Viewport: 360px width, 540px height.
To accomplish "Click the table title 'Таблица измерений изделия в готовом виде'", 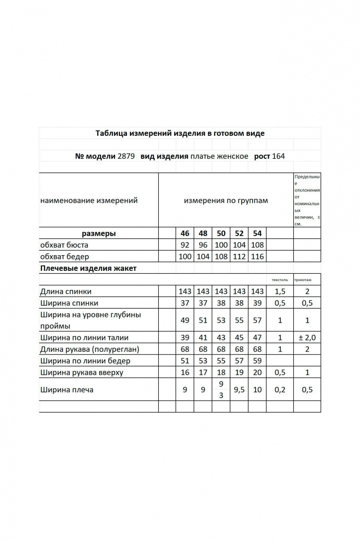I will click(180, 133).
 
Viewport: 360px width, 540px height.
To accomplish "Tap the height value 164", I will click(278, 156).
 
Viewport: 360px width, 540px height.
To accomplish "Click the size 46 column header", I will click(185, 233).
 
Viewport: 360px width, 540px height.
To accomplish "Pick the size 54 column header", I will click(257, 233).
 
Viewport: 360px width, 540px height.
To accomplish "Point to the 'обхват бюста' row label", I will click(64, 245).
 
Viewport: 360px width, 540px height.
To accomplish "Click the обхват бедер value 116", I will click(257, 256).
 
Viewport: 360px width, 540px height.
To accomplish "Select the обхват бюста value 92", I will click(185, 245).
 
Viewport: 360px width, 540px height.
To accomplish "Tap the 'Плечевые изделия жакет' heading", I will click(88, 268).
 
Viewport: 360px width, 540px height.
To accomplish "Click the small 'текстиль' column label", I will click(280, 280).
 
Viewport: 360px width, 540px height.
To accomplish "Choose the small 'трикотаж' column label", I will click(302, 280).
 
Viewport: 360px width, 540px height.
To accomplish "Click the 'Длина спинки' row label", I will click(65, 291).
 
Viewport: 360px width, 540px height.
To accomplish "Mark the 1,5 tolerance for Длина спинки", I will click(280, 291).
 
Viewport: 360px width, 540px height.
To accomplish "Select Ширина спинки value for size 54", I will click(257, 303).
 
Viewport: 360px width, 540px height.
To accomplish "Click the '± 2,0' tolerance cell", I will click(307, 338).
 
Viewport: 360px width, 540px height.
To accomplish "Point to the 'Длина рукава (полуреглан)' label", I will click(89, 349).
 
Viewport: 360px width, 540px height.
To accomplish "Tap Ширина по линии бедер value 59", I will click(257, 361).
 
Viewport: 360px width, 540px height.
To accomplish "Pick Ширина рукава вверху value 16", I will click(185, 373).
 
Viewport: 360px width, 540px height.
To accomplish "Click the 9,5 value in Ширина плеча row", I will click(239, 390).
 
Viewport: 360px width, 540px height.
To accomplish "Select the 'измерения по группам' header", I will click(226, 200).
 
